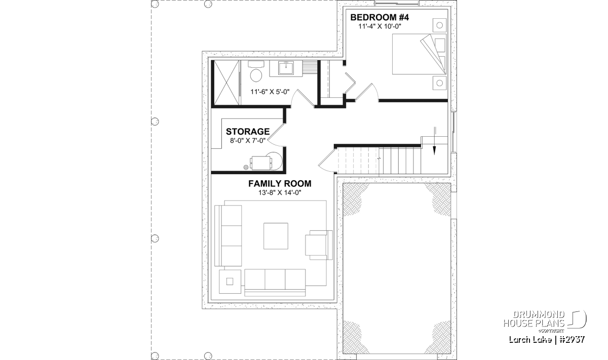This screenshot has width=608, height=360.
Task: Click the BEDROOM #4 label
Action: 379,17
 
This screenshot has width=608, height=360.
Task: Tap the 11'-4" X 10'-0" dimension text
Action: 379,26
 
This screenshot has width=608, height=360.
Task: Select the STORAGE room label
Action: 248,132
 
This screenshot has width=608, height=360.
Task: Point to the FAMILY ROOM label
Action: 280,184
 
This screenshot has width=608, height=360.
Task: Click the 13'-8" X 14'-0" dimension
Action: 280,193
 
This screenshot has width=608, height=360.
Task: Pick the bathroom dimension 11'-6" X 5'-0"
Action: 270,92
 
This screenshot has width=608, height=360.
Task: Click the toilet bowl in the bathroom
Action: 256,75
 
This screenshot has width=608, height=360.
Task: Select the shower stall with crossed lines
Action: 226,83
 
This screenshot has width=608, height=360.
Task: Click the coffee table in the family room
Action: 276,236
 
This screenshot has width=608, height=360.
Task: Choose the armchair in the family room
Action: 319,245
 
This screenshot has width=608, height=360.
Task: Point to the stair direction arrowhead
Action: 434,150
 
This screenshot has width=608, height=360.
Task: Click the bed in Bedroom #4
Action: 420,54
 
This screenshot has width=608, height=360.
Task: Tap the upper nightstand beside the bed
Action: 439,25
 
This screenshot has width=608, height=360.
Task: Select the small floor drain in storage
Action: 246,167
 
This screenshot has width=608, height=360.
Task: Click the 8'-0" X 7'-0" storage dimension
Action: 248,141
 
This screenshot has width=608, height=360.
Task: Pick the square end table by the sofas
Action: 230,282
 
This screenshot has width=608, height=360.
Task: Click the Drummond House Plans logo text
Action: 534,319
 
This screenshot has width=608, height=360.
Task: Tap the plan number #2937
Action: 572,340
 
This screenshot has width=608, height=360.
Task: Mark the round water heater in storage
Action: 275,161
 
